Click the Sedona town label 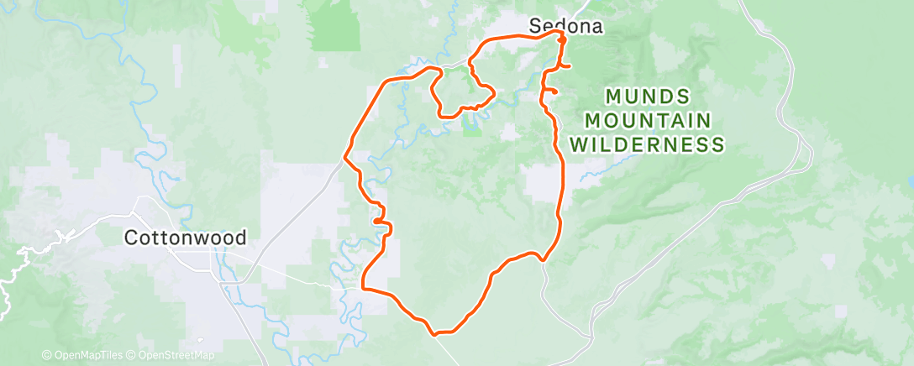pyautogui.click(x=566, y=26)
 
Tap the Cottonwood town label pyautogui.click(x=185, y=238)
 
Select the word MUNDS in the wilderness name pyautogui.click(x=647, y=96)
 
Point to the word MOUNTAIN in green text pyautogui.click(x=647, y=120)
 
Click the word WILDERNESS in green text pyautogui.click(x=647, y=144)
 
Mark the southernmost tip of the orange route pyautogui.click(x=435, y=334)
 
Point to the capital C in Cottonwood pyautogui.click(x=131, y=238)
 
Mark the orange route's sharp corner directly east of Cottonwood pyautogui.click(x=363, y=288)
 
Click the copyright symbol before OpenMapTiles pyautogui.click(x=46, y=355)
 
